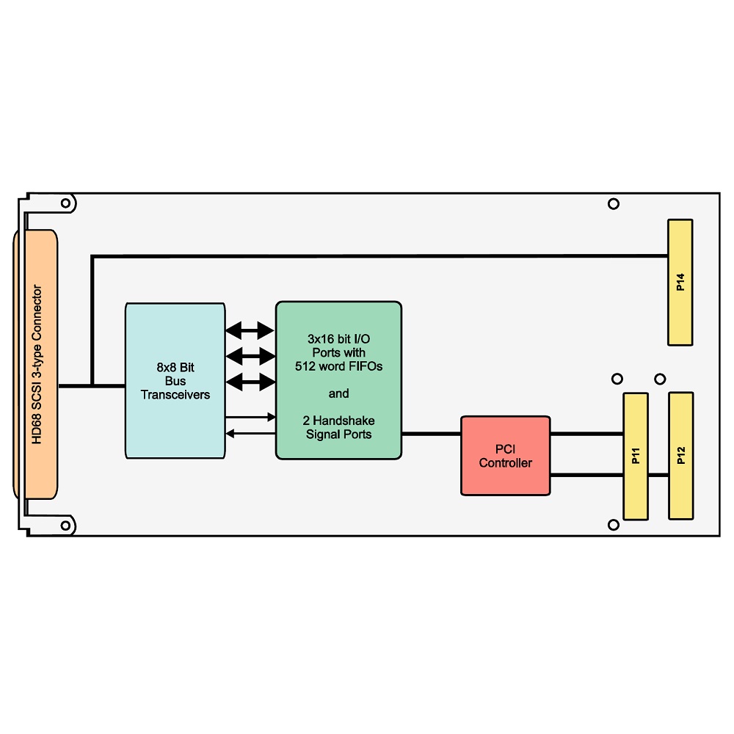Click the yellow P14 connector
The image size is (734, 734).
click(x=680, y=283)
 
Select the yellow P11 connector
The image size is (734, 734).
click(x=636, y=456)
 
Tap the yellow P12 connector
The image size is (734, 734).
click(x=680, y=456)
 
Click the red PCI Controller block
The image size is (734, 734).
click(x=506, y=456)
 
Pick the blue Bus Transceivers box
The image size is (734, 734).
click(x=175, y=380)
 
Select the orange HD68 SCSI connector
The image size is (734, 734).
click(x=36, y=364)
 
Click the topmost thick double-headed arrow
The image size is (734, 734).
click(x=250, y=330)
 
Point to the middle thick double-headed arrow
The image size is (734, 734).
click(x=250, y=356)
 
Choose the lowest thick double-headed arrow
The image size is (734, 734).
click(x=250, y=382)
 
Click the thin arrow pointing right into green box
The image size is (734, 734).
click(x=250, y=417)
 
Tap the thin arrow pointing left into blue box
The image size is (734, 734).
click(x=250, y=434)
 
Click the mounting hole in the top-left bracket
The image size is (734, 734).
click(x=66, y=203)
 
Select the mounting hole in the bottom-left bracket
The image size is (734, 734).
click(x=66, y=526)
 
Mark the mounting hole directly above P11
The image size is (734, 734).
click(x=617, y=379)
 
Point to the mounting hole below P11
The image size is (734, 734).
click(x=614, y=525)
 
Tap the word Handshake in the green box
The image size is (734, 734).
click(x=344, y=421)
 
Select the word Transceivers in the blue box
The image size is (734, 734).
click(x=175, y=395)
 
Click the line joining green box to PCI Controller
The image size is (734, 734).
click(x=431, y=434)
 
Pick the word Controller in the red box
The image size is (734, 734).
click(x=506, y=463)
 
